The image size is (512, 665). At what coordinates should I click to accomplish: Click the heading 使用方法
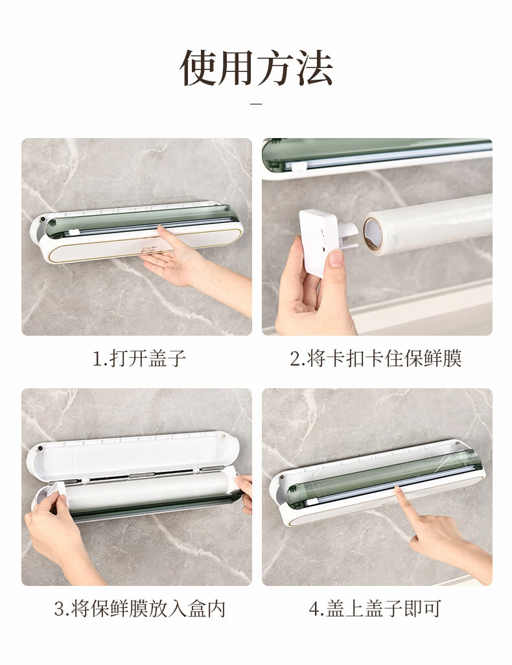(256, 68)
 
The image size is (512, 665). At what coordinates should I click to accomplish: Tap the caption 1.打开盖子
(139, 359)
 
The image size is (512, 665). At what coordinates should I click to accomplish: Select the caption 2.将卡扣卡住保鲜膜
(376, 359)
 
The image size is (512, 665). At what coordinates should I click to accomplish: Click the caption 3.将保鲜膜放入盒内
(139, 609)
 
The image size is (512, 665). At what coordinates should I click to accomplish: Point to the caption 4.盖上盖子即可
(375, 609)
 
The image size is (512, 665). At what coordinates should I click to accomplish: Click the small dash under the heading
(256, 104)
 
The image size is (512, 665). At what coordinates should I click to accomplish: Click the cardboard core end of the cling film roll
(373, 234)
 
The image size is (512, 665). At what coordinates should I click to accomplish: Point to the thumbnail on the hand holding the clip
(336, 257)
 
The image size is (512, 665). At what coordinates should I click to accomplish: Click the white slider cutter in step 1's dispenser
(75, 232)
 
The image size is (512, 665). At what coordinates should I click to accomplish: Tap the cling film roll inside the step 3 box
(148, 494)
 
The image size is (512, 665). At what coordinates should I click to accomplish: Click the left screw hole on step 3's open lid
(40, 449)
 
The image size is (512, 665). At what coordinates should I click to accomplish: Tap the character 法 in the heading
(314, 68)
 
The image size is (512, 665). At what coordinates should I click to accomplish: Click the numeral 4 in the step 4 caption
(314, 609)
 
